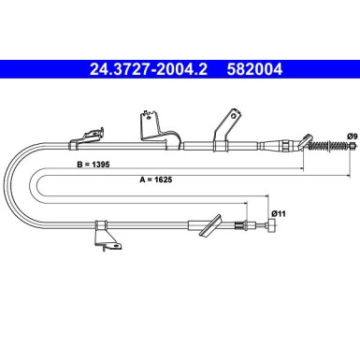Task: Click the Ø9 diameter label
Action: [x=351, y=138]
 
